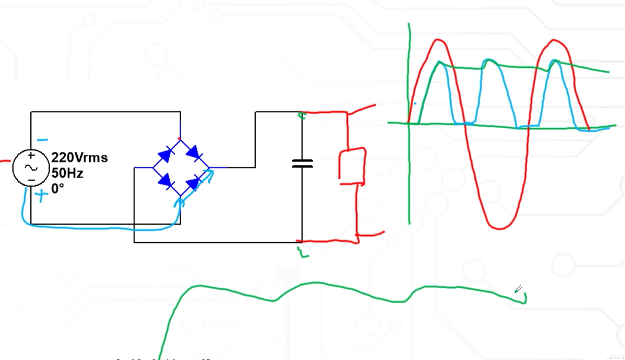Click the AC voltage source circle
click(31, 168)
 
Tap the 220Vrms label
click(79, 158)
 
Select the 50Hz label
click(67, 173)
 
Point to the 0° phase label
click(58, 189)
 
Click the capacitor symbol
click(302, 163)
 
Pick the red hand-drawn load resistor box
click(352, 166)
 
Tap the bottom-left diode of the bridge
click(165, 181)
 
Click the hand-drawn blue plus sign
click(42, 196)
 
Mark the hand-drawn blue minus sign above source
click(43, 140)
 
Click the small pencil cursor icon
click(518, 289)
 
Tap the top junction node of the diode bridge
click(180, 138)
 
